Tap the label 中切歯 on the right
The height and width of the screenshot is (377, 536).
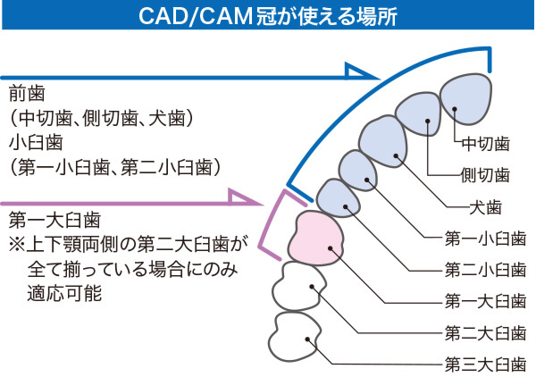pos(485,143)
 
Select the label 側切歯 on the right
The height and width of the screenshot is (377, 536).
pos(485,174)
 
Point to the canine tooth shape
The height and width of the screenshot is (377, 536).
pos(385,139)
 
